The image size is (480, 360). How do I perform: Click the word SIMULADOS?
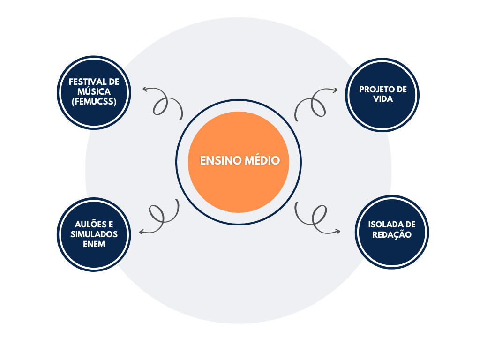click(x=94, y=234)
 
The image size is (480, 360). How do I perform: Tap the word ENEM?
click(x=94, y=244)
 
